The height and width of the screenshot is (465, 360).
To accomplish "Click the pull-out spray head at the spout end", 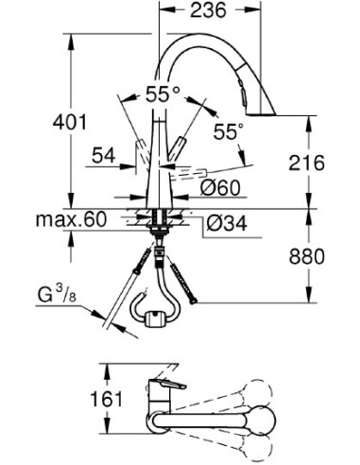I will [245, 95].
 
